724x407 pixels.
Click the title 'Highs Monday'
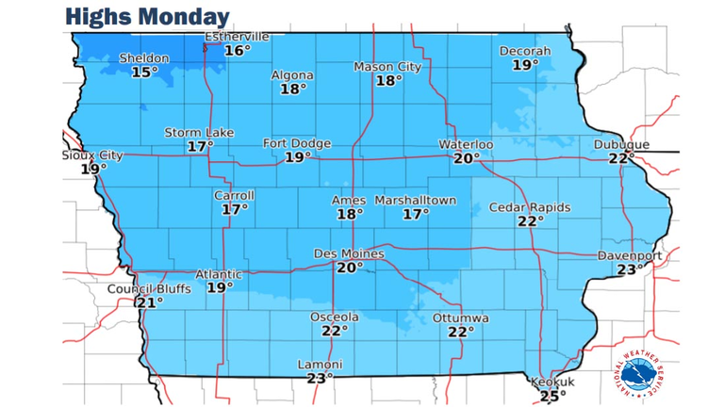[148, 17]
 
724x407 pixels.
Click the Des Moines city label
[349, 253]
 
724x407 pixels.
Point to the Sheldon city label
[144, 58]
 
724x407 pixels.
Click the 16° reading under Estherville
[238, 50]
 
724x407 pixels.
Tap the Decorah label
[525, 51]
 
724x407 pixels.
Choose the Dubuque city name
[621, 144]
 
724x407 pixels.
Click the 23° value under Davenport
[631, 269]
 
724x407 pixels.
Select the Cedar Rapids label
[529, 207]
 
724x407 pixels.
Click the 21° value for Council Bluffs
[149, 302]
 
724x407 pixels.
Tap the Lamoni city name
[320, 365]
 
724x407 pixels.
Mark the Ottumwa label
[461, 318]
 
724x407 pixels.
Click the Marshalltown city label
[416, 201]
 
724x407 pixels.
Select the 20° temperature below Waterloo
[467, 158]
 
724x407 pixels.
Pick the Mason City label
[387, 67]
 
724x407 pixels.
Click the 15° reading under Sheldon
[144, 72]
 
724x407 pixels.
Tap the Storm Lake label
[199, 133]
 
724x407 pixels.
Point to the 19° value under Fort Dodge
[297, 157]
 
